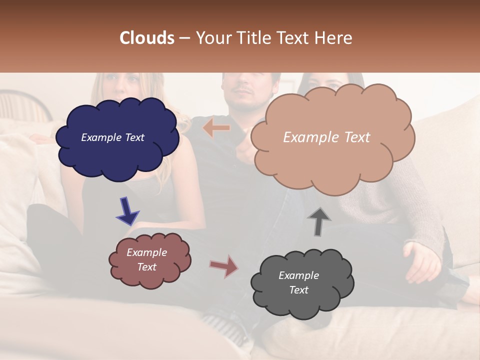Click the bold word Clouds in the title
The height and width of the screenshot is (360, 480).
(147, 38)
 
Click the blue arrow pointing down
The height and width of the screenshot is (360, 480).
(127, 211)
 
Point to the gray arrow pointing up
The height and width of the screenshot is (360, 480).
(318, 221)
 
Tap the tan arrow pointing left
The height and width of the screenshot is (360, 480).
(216, 128)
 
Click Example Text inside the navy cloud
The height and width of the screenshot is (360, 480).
(112, 137)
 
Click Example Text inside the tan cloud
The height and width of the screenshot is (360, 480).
(326, 137)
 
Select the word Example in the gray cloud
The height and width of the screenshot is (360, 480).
(298, 275)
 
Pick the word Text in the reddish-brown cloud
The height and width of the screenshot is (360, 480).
(147, 267)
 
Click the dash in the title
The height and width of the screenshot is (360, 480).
(184, 38)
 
